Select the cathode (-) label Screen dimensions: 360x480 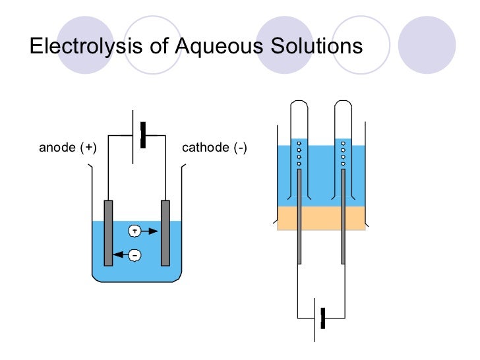(214, 148)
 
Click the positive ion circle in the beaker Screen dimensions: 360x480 (135, 231)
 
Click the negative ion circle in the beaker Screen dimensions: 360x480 (135, 254)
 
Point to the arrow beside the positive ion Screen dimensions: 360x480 (151, 231)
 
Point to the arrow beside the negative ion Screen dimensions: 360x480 (119, 254)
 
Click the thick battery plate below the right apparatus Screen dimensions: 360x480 (323, 318)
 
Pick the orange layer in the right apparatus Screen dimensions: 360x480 (321, 218)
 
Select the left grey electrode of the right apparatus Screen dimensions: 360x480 (299, 218)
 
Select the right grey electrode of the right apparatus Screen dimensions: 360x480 (344, 218)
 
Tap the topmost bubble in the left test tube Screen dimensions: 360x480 (299, 143)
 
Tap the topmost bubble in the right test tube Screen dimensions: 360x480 (344, 143)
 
